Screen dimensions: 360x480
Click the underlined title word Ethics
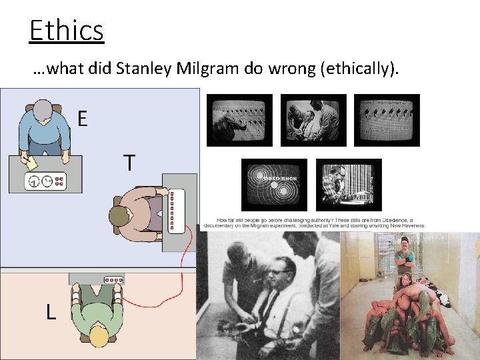67,31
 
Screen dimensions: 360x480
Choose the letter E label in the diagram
82,119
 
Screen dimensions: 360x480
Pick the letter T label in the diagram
129,163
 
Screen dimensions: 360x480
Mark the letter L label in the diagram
51,311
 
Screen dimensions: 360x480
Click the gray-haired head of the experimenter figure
43,111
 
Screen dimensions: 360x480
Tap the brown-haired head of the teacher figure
120,216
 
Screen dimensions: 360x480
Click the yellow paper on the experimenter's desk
31,162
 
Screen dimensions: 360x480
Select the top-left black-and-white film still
239,119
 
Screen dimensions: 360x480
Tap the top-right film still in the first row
387,119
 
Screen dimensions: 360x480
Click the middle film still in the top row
313,119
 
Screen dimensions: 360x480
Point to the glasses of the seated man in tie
278,273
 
